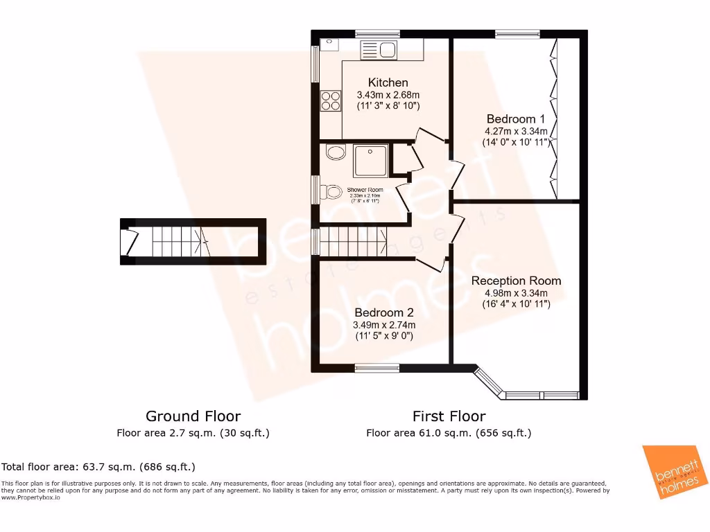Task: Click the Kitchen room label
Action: [x=388, y=82]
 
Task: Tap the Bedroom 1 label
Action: [x=515, y=118]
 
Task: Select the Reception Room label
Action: [x=516, y=281]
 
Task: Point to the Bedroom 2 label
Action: [x=383, y=312]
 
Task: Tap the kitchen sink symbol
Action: [x=378, y=49]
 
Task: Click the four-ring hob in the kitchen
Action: [x=330, y=101]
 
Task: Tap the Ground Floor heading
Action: [x=193, y=416]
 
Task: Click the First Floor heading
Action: [x=449, y=416]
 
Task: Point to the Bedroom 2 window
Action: [x=377, y=368]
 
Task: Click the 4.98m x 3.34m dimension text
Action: [x=516, y=293]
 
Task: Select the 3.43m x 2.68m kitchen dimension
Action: [x=388, y=95]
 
